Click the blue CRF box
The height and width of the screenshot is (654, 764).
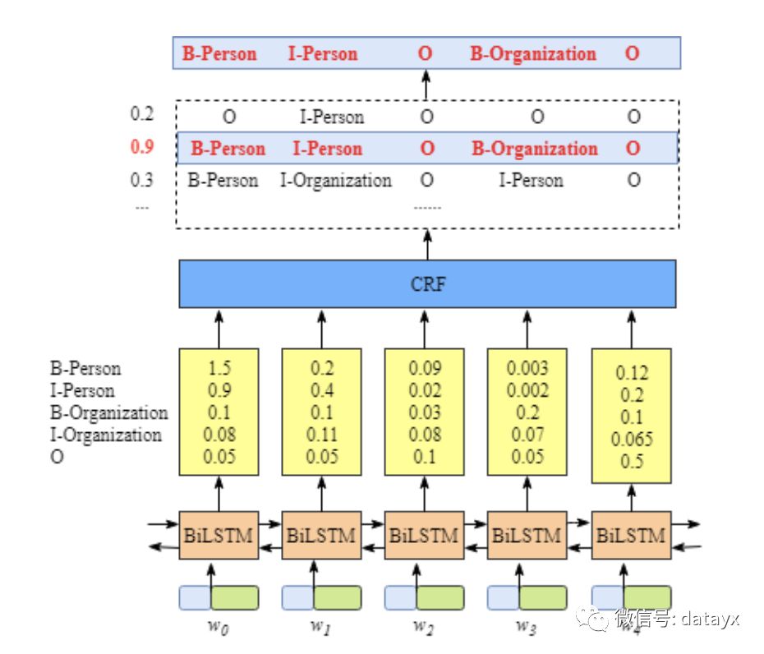coord(427,284)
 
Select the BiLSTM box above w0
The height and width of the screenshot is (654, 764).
coord(219,536)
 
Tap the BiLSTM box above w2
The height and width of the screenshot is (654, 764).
coord(424,536)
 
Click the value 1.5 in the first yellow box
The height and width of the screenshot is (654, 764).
coord(219,367)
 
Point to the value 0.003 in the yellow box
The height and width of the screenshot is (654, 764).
coord(527,367)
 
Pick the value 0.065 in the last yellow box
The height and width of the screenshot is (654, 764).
coord(632,440)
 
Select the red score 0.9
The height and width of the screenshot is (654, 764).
coord(142,148)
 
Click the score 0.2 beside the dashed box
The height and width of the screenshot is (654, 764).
coord(142,114)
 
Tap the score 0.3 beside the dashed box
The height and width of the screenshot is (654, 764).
coord(142,180)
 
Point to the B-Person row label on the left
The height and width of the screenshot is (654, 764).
coord(85,368)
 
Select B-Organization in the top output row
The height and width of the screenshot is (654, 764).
coord(532,54)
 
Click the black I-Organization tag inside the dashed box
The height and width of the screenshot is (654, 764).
coord(336,180)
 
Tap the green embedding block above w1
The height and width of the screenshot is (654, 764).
coord(337,597)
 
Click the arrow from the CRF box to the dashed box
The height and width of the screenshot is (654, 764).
coord(426,244)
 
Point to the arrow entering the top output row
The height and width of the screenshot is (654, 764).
coord(426,84)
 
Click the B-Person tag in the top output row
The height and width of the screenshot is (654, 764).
coord(219,54)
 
